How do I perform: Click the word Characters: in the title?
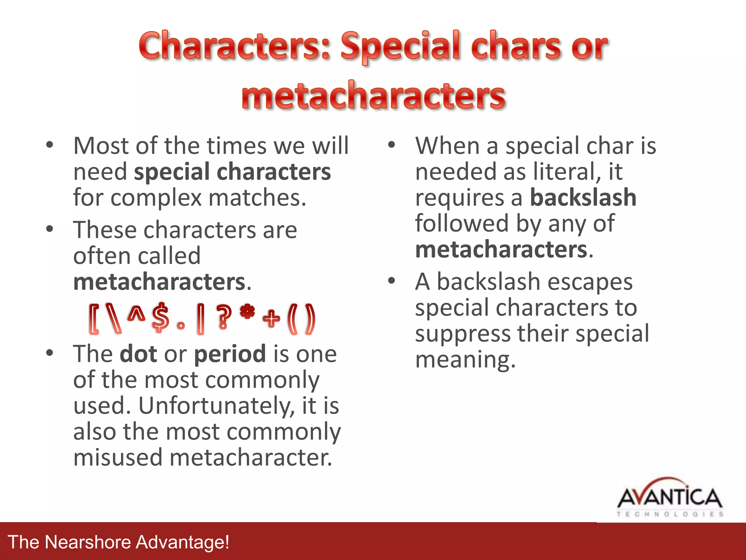pos(235,46)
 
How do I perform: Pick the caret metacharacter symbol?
pos(136,314)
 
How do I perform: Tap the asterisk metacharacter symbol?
pos(247,312)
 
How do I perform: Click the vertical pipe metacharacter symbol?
pos(200,319)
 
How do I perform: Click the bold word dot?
pos(138,354)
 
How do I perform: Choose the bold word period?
pos(230,354)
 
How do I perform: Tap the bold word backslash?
pos(583,198)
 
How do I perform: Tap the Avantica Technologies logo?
pos(670,498)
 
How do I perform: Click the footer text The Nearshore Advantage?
pos(119,542)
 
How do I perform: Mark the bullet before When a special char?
pos(392,145)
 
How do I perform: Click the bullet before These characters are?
pos(50,229)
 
